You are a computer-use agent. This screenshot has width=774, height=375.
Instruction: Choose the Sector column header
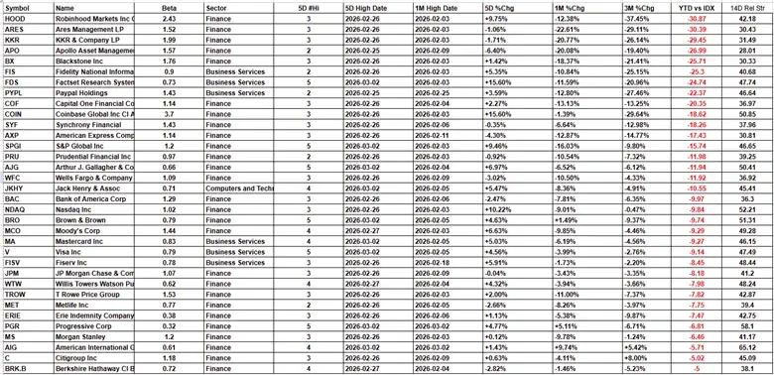(x=216, y=7)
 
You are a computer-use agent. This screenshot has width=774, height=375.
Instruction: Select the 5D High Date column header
(x=369, y=7)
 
